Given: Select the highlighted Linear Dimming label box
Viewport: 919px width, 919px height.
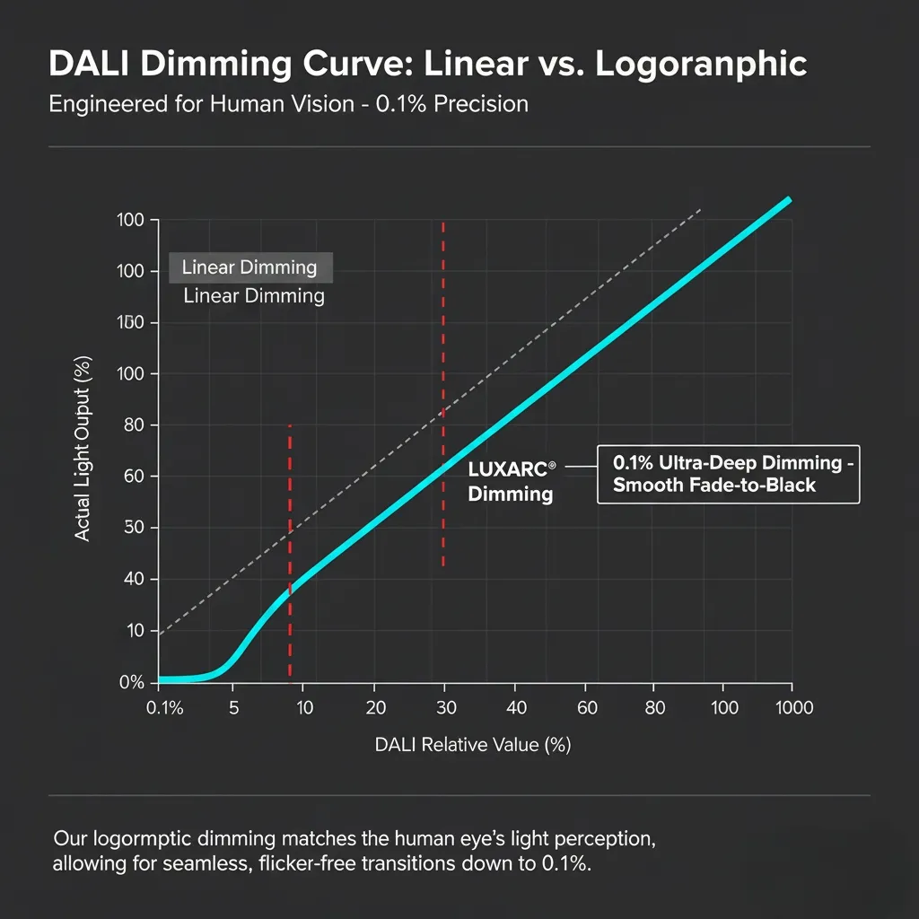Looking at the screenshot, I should tap(249, 267).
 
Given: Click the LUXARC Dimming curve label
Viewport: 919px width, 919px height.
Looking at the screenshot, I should tap(511, 481).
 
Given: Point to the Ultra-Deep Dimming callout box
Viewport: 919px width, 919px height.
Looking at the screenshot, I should tap(728, 474).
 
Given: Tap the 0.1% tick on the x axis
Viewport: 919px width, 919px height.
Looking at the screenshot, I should tap(164, 708).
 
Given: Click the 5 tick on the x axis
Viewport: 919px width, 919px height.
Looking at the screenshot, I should tap(233, 708).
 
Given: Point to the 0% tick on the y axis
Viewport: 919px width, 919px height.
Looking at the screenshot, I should tap(132, 682).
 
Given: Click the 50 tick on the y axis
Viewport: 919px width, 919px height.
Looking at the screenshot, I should tap(135, 528).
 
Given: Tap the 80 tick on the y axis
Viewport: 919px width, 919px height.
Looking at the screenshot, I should tap(135, 424).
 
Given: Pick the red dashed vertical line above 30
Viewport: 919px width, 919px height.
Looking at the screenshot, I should tap(443, 359).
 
